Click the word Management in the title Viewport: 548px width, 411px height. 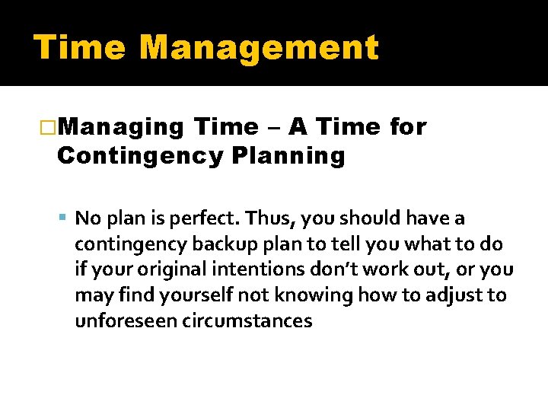click(259, 48)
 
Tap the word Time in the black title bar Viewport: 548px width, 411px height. click(80, 48)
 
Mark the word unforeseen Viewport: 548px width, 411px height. click(126, 320)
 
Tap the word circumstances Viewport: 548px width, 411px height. click(247, 320)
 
